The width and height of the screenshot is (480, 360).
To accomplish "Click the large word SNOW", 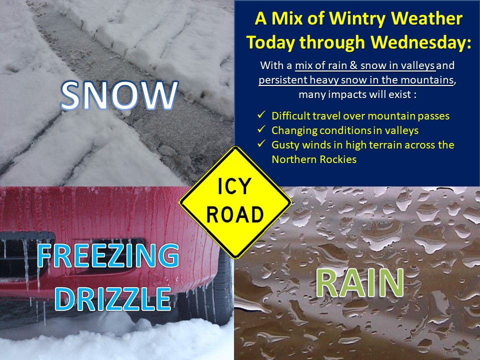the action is click(119, 95).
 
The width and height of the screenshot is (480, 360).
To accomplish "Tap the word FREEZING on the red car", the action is click(108, 255).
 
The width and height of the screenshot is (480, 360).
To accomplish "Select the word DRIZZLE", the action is click(112, 299).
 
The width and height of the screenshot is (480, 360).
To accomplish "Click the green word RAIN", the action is click(359, 282).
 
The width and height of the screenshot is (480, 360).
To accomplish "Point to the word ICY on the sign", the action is click(234, 186).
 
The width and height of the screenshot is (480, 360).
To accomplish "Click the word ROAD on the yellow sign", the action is click(235, 214).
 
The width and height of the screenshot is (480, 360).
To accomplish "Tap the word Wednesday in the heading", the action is click(420, 42).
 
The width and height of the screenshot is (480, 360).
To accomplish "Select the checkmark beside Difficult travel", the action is click(261, 115).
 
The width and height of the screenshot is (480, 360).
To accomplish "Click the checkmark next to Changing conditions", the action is click(261, 129).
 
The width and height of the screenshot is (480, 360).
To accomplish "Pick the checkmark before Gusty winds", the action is click(261, 143).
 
